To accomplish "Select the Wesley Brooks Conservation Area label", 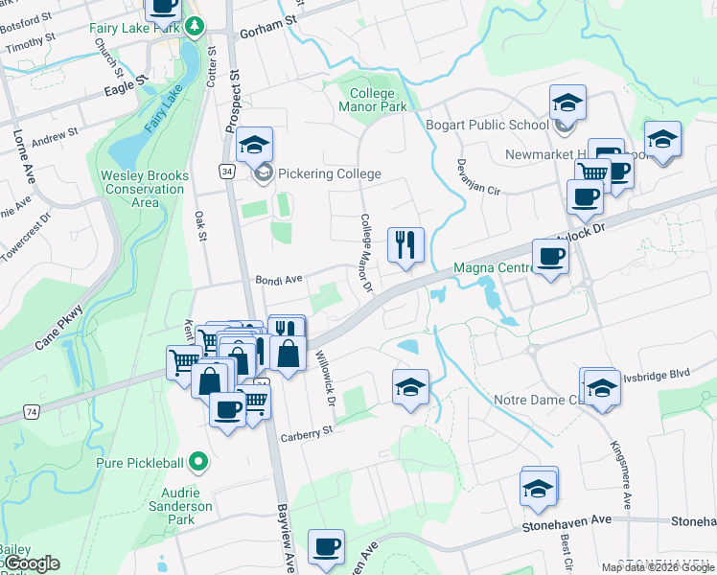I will (x=144, y=189).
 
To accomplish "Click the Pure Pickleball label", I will (x=140, y=463).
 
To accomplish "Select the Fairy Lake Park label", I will (x=135, y=28).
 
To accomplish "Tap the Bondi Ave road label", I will (x=279, y=279).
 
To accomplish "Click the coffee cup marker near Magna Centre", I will (x=550, y=257).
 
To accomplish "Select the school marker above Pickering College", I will (x=255, y=145).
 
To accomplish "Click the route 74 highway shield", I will (x=33, y=410).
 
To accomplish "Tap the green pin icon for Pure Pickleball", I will (x=198, y=463).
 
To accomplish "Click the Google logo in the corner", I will (x=31, y=563).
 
